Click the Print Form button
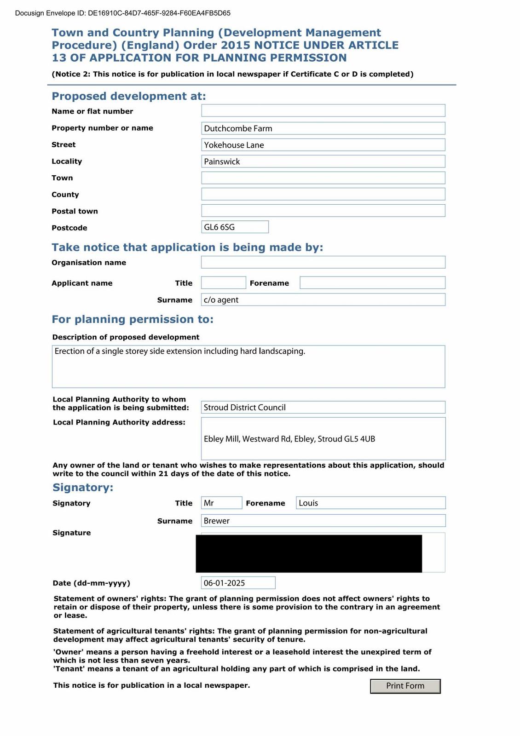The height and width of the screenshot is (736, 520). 405,686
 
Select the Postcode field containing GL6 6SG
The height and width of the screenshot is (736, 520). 235,227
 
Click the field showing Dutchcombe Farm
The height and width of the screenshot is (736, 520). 323,128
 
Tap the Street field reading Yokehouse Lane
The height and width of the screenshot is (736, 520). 323,145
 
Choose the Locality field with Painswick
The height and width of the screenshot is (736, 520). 323,161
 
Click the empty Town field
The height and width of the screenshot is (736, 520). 323,178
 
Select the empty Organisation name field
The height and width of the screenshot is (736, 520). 323,262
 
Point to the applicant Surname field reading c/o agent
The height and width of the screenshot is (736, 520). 323,300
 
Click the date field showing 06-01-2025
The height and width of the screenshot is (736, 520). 238,583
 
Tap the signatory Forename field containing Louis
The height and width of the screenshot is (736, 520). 370,503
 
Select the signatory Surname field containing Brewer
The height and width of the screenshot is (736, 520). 323,521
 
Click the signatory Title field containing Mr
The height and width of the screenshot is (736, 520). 221,503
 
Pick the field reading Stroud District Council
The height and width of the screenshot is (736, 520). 323,408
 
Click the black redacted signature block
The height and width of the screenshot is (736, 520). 308,553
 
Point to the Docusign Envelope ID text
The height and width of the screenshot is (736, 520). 123,13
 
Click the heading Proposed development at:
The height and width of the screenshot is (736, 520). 129,96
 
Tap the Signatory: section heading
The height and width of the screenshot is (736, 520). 83,487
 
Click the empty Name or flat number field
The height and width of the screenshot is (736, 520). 323,111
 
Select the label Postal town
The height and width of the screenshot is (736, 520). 75,211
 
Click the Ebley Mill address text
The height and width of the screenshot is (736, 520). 289,439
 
